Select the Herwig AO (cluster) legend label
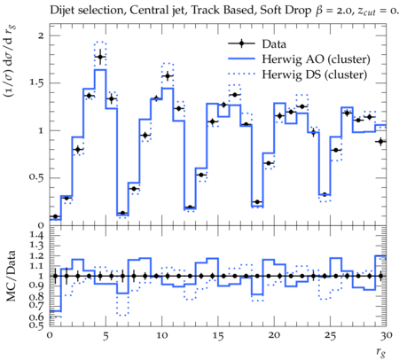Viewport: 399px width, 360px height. [x=316, y=59]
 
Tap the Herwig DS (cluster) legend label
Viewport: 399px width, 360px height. [x=315, y=74]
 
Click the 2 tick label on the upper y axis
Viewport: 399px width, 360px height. [x=41, y=35]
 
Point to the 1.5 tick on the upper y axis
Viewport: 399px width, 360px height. [x=36, y=83]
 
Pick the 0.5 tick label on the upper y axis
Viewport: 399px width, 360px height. [x=36, y=178]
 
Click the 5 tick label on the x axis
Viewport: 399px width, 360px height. [x=106, y=336]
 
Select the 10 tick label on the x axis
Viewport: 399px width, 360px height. [x=161, y=336]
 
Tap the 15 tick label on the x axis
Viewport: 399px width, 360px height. [x=217, y=336]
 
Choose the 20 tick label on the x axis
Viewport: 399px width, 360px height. [x=274, y=336]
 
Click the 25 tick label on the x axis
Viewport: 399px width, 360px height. [x=330, y=336]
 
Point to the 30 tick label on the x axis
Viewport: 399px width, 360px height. [x=387, y=336]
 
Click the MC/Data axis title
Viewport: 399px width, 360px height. [x=11, y=276]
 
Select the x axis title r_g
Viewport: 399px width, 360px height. [x=381, y=352]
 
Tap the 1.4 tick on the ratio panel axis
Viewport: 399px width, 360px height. [x=36, y=236]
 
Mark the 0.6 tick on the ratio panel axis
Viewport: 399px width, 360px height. [x=36, y=317]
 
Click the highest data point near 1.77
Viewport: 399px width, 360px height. [x=100, y=57]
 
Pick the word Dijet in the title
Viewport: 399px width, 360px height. [x=61, y=11]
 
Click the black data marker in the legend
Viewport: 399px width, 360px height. [x=241, y=43]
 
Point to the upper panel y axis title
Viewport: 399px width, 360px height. [x=10, y=61]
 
